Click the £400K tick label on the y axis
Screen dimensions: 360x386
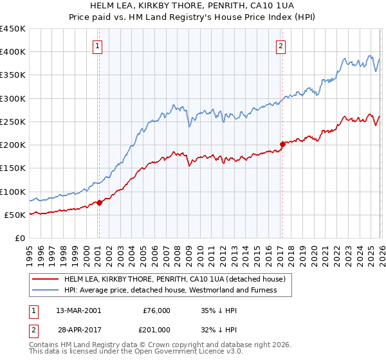pos(13,52)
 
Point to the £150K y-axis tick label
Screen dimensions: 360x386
pos(13,168)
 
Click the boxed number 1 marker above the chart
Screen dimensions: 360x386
pos(98,46)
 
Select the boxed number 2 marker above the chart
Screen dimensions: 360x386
pos(281,46)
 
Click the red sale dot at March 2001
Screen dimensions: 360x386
pos(100,203)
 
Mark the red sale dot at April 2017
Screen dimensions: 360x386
pos(282,144)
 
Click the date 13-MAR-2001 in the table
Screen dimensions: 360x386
pos(78,310)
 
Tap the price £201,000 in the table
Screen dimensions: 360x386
pos(156,329)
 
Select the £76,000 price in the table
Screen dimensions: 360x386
pos(156,310)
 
